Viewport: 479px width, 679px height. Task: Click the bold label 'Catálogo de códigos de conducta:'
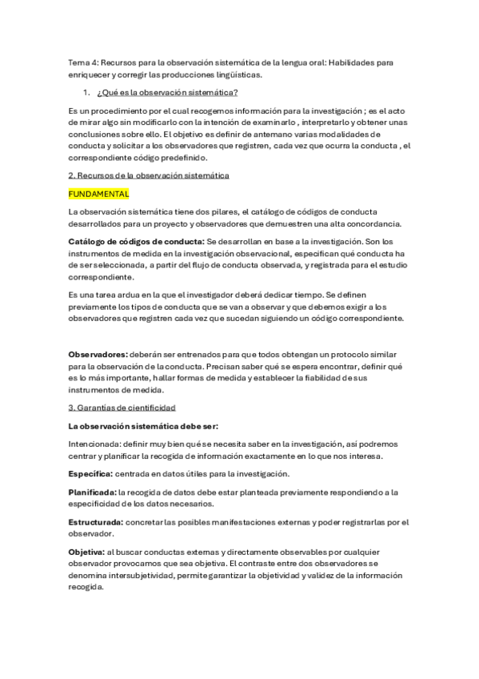pos(136,241)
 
